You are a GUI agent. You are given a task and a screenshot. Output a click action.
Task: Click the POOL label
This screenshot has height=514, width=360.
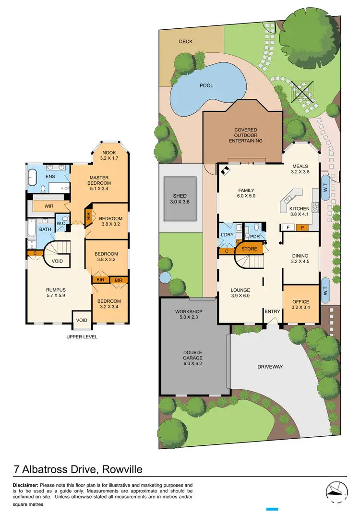click(206, 86)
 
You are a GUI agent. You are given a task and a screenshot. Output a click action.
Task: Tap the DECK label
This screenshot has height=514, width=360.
click(186, 42)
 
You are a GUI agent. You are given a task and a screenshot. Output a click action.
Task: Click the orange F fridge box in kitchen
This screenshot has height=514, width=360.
click(288, 227)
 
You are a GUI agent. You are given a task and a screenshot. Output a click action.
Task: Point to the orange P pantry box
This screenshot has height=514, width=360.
click(302, 227)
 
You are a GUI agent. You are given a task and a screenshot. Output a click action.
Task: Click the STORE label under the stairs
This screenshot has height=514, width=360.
click(249, 249)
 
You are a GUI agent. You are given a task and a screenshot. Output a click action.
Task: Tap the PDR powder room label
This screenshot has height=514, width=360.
click(254, 237)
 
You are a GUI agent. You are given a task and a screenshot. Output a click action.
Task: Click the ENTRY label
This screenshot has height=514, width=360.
click(272, 311)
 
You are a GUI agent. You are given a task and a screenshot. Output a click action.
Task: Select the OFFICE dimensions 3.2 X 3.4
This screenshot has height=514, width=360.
click(300, 308)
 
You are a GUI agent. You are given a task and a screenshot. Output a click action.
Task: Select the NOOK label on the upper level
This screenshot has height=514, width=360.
click(110, 152)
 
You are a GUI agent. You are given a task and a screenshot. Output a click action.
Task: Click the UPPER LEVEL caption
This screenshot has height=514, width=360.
click(82, 337)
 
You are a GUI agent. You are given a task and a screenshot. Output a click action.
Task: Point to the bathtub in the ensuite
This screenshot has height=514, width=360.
click(32, 177)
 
